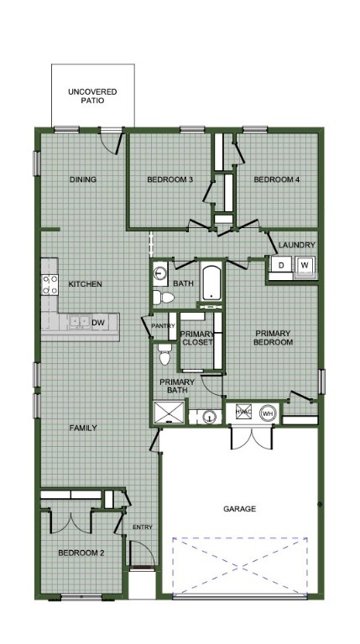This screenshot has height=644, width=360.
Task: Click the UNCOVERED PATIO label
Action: (x=92, y=96)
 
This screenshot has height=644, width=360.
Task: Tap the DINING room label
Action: (x=83, y=179)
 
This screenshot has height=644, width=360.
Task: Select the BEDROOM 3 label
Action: (x=170, y=179)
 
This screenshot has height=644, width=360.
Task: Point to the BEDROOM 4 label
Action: (x=276, y=179)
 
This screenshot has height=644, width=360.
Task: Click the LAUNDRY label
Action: (x=297, y=245)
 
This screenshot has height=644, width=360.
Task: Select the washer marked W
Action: (x=305, y=266)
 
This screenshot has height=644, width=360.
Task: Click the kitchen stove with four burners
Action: (x=50, y=284)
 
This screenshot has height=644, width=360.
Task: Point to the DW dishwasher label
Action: (x=98, y=321)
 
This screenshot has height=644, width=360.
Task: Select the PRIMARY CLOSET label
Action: (x=197, y=338)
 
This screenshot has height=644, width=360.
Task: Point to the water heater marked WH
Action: (x=268, y=414)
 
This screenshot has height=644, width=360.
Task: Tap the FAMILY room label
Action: (x=83, y=428)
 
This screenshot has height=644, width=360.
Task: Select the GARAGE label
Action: (x=239, y=509)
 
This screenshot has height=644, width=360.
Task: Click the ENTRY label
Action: (x=142, y=527)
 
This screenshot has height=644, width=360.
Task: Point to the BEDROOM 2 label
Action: (x=81, y=553)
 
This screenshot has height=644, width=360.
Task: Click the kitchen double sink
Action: (x=81, y=321)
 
